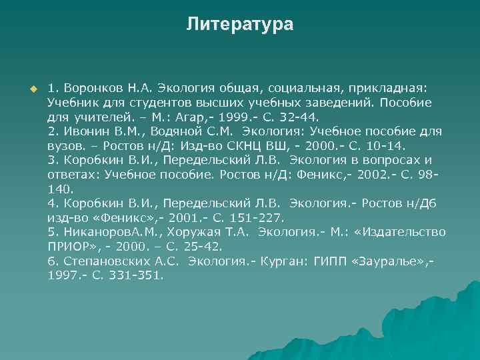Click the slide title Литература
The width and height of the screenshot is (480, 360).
click(239, 25)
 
